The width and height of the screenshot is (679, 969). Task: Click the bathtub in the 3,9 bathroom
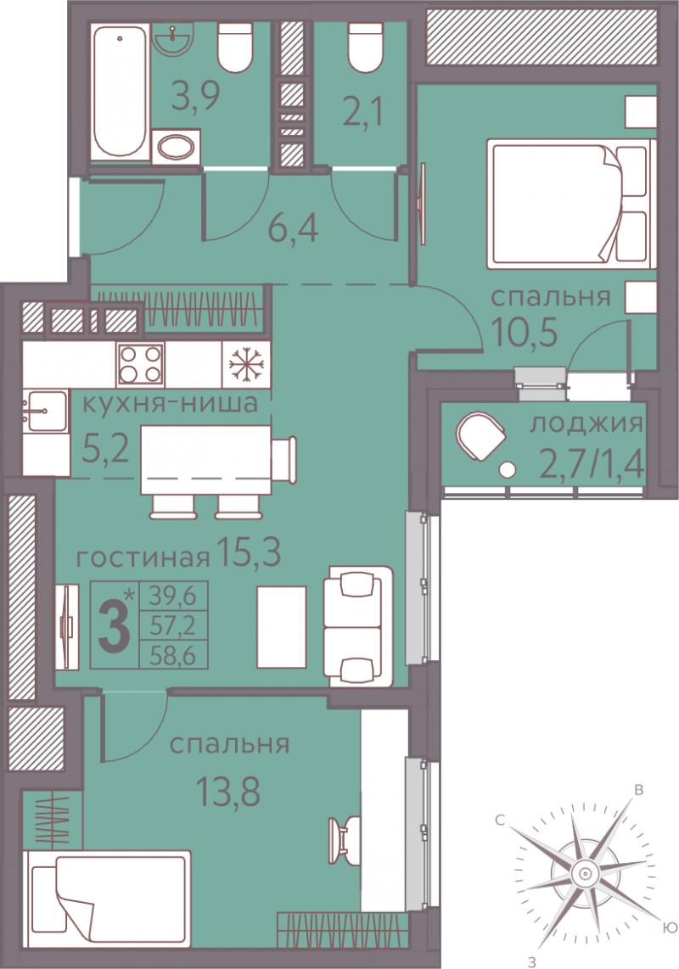(121, 90)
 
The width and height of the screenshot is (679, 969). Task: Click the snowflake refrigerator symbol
(245, 365)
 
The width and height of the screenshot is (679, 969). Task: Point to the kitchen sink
(45, 411)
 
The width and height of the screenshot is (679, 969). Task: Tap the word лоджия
(587, 424)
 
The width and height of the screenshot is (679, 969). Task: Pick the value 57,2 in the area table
(172, 627)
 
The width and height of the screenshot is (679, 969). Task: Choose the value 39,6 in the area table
(172, 597)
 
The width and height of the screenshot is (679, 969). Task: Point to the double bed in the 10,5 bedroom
(570, 204)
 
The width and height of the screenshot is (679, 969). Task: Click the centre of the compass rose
(583, 873)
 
